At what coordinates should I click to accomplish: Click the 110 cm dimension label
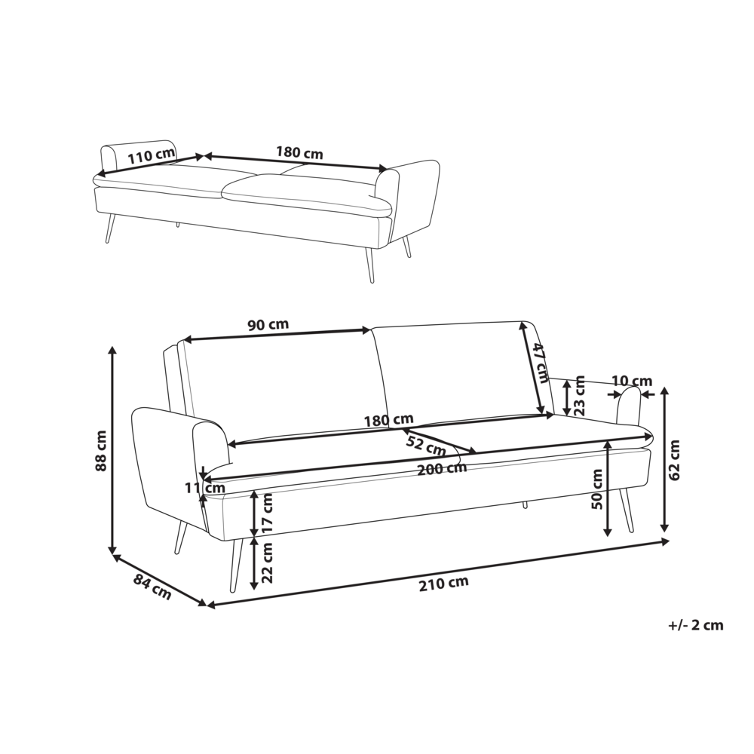coord(151,155)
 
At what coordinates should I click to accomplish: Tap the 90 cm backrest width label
coord(268,324)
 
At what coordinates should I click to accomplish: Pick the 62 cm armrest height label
coord(674,460)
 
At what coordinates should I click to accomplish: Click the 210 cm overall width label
coord(443,584)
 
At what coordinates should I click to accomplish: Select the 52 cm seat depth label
coord(426,446)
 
